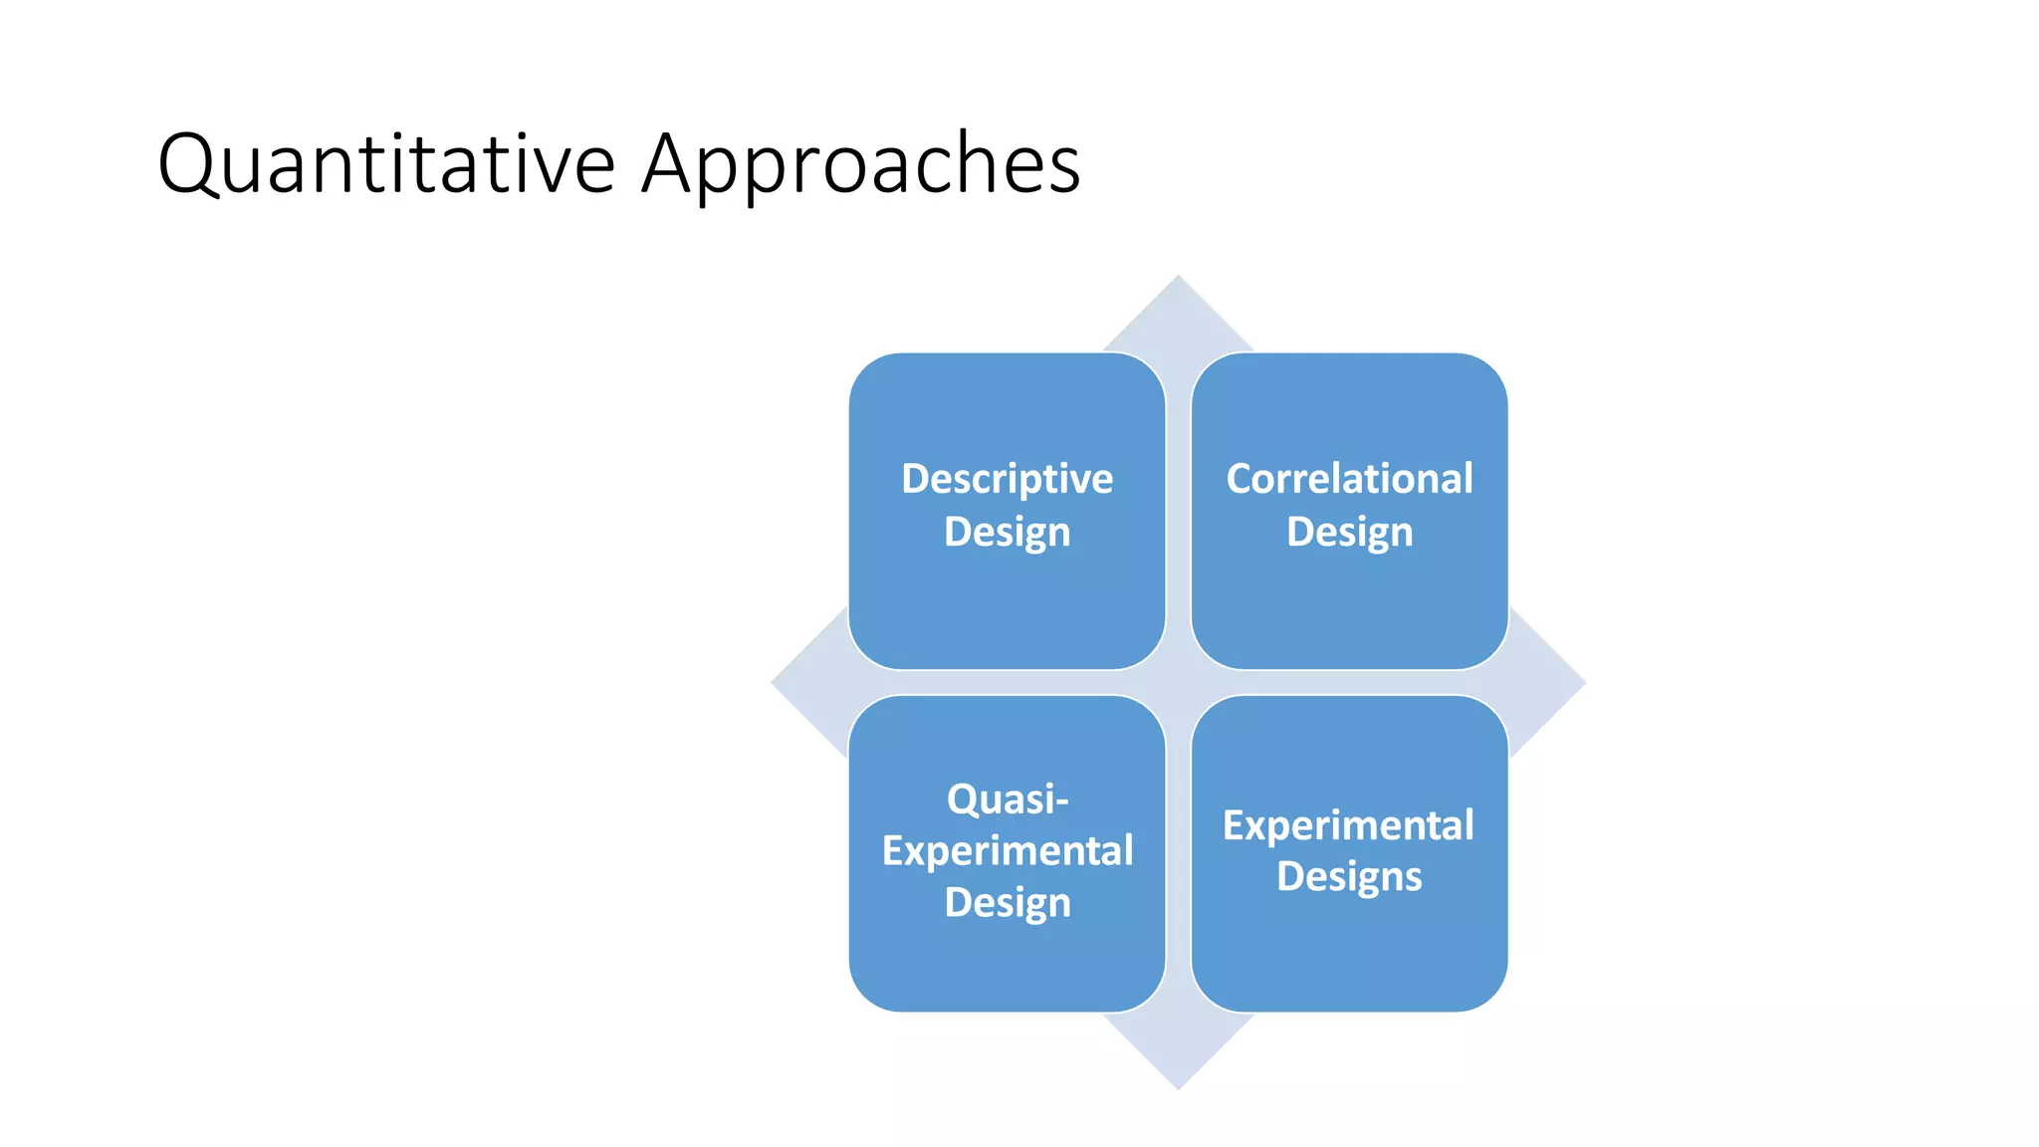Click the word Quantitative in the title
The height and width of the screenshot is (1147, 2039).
pyautogui.click(x=386, y=164)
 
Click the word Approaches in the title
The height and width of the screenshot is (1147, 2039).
pyautogui.click(x=860, y=164)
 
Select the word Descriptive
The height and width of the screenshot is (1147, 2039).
pyautogui.click(x=1007, y=480)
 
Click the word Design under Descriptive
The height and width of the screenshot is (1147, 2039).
pyautogui.click(x=1007, y=532)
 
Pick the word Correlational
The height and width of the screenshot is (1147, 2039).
pyautogui.click(x=1349, y=479)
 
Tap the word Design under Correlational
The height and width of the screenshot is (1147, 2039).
pyautogui.click(x=1349, y=532)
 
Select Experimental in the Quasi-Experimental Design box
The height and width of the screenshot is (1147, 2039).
pyautogui.click(x=1007, y=851)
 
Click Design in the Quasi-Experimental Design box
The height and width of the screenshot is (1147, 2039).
pyautogui.click(x=1007, y=903)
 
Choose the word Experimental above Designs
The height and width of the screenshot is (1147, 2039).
pyautogui.click(x=1348, y=825)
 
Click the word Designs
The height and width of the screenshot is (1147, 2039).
pyautogui.click(x=1348, y=877)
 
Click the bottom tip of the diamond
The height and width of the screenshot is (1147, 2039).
pyautogui.click(x=1178, y=1084)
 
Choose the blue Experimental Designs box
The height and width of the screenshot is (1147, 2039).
pyautogui.click(x=1349, y=956)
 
